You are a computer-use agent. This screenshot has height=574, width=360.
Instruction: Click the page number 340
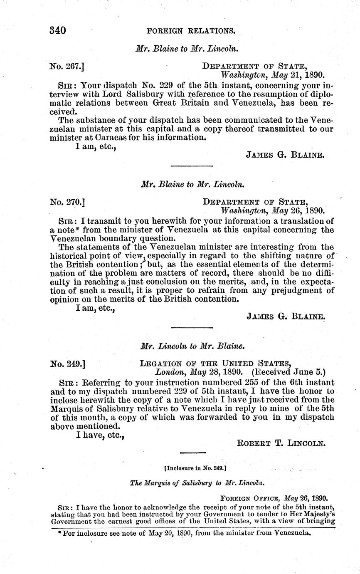(x=58, y=30)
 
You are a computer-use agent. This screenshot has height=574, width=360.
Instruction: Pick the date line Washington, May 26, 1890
(x=272, y=211)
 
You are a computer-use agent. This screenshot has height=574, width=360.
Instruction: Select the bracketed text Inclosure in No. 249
(x=195, y=468)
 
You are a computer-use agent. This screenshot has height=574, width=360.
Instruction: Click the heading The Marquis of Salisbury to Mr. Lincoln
(x=197, y=483)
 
